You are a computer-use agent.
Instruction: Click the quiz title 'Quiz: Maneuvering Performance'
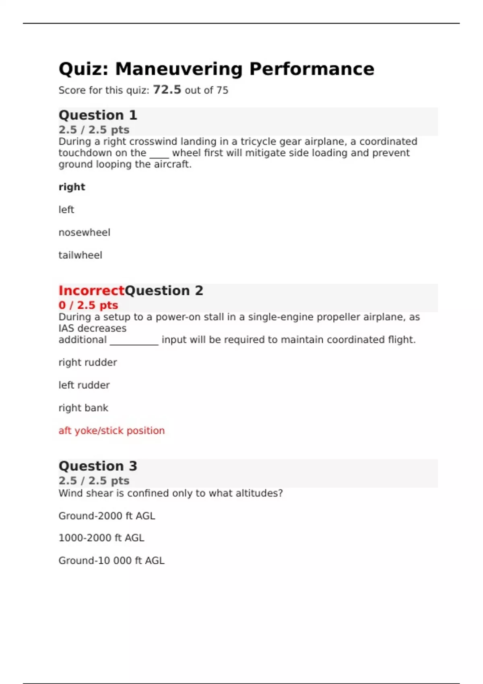pyautogui.click(x=216, y=69)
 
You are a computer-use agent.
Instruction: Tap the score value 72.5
pyautogui.click(x=167, y=89)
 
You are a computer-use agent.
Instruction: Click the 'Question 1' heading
pyautogui.click(x=98, y=115)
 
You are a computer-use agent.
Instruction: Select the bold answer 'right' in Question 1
pyautogui.click(x=72, y=187)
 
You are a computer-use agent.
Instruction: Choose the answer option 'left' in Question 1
pyautogui.click(x=66, y=210)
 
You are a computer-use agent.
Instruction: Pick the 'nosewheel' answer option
pyautogui.click(x=84, y=233)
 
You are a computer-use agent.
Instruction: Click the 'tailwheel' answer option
pyautogui.click(x=80, y=255)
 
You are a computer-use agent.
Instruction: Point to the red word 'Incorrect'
pyautogui.click(x=91, y=290)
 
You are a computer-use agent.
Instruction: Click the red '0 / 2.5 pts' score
pyautogui.click(x=88, y=305)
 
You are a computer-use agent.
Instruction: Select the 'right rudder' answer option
pyautogui.click(x=88, y=363)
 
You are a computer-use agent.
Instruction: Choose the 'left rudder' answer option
pyautogui.click(x=84, y=385)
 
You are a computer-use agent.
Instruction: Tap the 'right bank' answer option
pyautogui.click(x=83, y=408)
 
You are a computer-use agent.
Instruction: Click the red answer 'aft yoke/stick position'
pyautogui.click(x=111, y=431)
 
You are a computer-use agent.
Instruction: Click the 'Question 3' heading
pyautogui.click(x=98, y=466)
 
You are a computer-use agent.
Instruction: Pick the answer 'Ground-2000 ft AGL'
pyautogui.click(x=107, y=516)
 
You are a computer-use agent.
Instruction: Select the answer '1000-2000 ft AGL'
pyautogui.click(x=101, y=538)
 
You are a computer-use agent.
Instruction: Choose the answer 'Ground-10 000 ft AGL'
pyautogui.click(x=111, y=560)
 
